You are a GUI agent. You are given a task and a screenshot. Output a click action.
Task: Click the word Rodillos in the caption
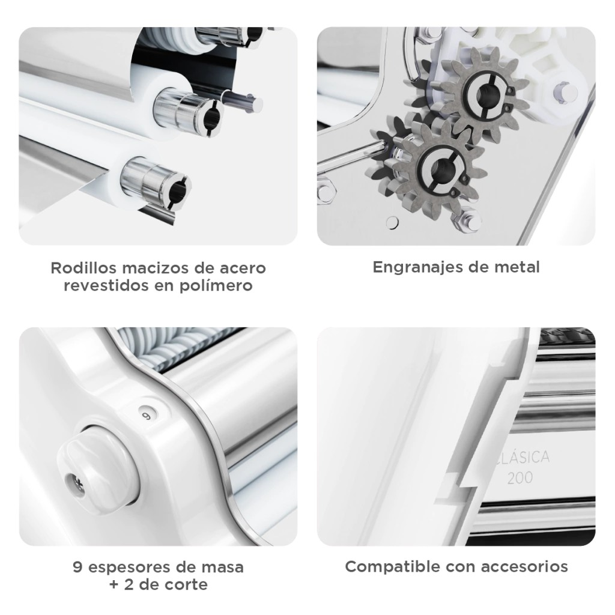pyautogui.click(x=83, y=268)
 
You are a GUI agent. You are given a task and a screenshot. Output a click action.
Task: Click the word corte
pyautogui.click(x=186, y=585)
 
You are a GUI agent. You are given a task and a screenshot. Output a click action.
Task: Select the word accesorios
pyautogui.click(x=524, y=567)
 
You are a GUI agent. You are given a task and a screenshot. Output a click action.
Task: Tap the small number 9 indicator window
pyautogui.click(x=148, y=416)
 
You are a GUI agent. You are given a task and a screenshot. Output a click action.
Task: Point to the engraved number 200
pyautogui.click(x=520, y=477)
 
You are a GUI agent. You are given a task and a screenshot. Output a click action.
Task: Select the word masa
pyautogui.click(x=223, y=568)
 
